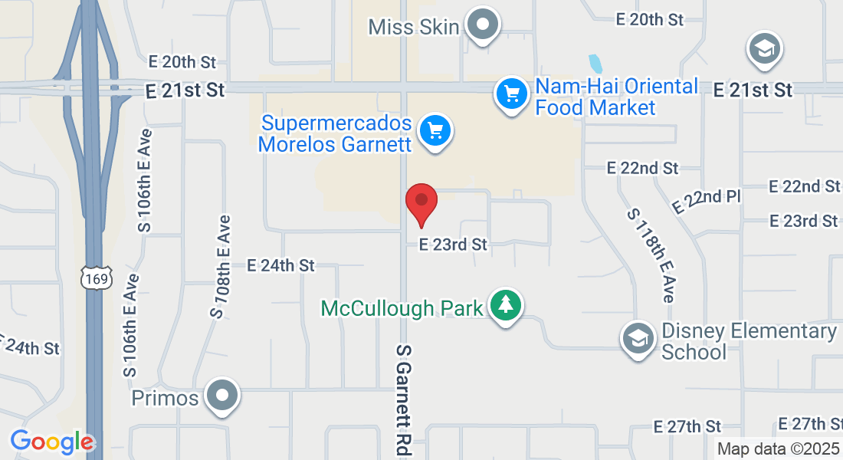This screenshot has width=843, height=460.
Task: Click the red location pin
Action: pyautogui.click(x=421, y=201)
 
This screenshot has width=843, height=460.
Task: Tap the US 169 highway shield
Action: pyautogui.click(x=98, y=279)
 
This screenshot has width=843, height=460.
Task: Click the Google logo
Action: pyautogui.click(x=52, y=442)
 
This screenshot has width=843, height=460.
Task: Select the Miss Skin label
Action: pyautogui.click(x=414, y=27)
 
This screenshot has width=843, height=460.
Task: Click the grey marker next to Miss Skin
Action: pyautogui.click(x=482, y=25)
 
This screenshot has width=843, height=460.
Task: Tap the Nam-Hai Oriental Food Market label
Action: pyautogui.click(x=616, y=97)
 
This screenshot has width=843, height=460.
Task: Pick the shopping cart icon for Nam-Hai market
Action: pyautogui.click(x=511, y=94)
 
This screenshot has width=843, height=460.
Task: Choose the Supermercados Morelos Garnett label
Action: pyautogui.click(x=336, y=133)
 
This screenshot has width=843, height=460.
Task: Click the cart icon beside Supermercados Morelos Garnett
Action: pyautogui.click(x=436, y=131)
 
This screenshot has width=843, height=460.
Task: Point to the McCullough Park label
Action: pyautogui.click(x=402, y=308)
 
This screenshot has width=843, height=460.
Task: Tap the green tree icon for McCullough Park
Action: pyautogui.click(x=505, y=305)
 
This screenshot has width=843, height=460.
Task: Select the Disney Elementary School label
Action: pyautogui.click(x=749, y=341)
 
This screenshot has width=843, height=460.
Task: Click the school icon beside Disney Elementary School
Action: pyautogui.click(x=638, y=338)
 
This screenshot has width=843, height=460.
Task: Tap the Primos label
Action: pyautogui.click(x=165, y=399)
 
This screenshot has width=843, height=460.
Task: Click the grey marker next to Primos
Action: pyautogui.click(x=224, y=396)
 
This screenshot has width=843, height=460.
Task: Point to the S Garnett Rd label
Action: pyautogui.click(x=404, y=399)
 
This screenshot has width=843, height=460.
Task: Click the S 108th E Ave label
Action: pyautogui.click(x=220, y=267)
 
